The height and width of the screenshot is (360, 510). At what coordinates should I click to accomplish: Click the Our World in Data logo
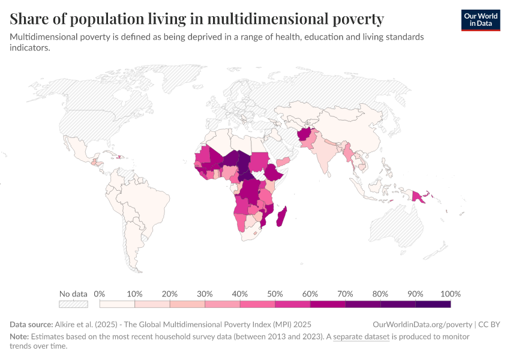point(480,20)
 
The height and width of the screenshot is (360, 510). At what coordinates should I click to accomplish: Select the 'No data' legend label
point(73,294)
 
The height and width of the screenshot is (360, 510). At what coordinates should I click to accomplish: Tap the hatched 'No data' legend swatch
point(73,304)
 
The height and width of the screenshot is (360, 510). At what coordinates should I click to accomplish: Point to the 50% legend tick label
point(274,294)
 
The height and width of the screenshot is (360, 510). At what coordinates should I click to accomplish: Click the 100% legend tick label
point(450,294)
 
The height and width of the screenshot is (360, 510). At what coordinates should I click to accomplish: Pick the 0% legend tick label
point(100,294)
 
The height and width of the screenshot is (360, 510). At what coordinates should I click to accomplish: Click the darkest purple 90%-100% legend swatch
point(433,304)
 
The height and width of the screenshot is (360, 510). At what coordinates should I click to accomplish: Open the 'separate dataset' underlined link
point(361,337)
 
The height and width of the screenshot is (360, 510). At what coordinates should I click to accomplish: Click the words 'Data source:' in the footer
point(31,324)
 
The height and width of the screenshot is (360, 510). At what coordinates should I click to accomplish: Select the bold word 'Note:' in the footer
point(20,337)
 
